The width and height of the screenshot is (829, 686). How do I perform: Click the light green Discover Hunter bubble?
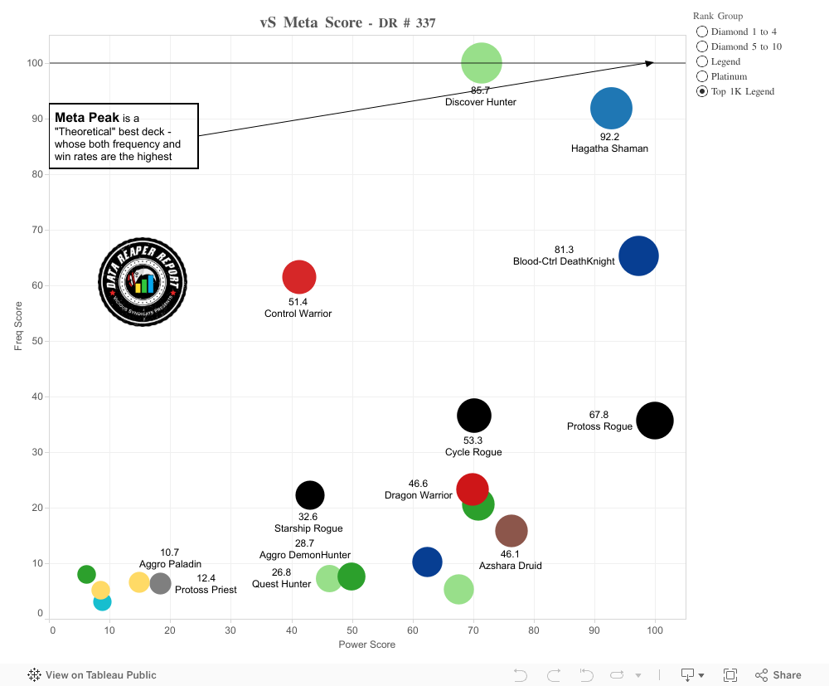point(482,63)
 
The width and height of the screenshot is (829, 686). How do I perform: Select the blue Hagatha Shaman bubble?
point(611,109)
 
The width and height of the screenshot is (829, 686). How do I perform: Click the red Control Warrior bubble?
point(299,277)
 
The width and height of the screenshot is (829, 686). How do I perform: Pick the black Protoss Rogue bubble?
point(655,421)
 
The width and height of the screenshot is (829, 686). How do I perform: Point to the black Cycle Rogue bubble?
point(474,416)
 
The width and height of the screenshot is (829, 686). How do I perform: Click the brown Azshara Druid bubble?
point(511,531)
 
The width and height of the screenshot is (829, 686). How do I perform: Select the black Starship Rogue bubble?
point(309,495)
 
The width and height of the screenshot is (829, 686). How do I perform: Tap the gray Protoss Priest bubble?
point(160,583)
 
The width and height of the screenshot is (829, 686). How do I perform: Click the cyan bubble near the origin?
point(102,601)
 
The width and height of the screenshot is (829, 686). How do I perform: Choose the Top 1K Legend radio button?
point(702,91)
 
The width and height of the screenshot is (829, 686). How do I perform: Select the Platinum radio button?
point(702,76)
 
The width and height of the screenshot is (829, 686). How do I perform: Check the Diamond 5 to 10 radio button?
point(702,46)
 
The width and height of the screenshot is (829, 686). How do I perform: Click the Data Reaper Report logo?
point(143,285)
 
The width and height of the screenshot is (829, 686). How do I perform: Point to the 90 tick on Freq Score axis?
point(37,119)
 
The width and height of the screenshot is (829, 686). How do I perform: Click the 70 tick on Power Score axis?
point(473,630)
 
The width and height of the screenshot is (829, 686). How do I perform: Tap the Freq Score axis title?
point(17,326)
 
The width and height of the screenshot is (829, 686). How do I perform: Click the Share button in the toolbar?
point(778,675)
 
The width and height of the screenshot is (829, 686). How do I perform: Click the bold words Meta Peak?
point(87,118)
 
